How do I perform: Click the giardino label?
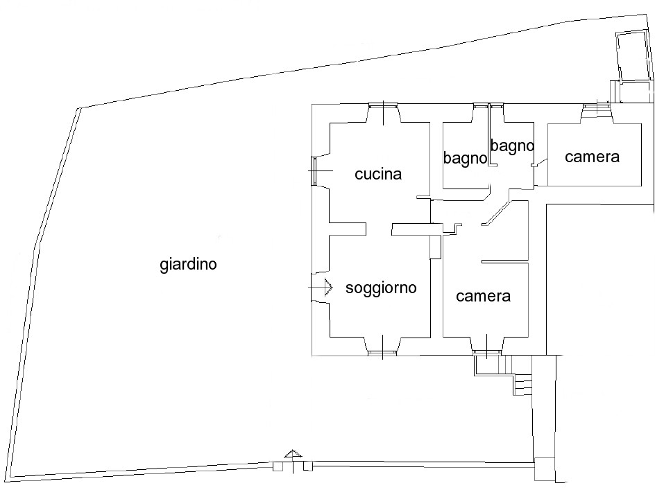(x=188, y=265)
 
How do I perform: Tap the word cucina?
(x=378, y=175)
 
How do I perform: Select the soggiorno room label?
(x=381, y=288)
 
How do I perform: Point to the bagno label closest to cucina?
(x=465, y=159)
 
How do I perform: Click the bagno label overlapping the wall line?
(x=512, y=146)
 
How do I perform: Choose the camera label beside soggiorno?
(x=483, y=297)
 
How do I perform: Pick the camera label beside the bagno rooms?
(x=592, y=157)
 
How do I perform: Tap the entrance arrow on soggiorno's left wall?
(x=322, y=285)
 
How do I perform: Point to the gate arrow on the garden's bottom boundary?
(x=293, y=455)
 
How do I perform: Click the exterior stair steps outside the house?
(x=522, y=382)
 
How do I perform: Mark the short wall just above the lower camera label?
(x=505, y=261)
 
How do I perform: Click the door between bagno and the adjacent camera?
(x=538, y=164)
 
